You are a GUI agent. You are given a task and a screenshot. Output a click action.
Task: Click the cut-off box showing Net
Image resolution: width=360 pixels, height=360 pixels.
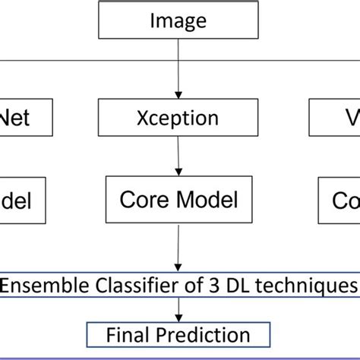(27, 118)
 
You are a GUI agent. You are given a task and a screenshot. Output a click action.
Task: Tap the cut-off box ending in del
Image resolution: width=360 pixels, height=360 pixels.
(23, 200)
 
